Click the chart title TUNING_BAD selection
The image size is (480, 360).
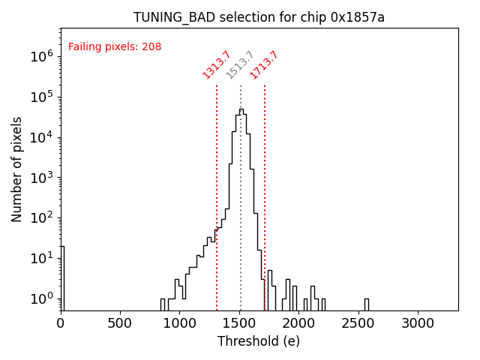(x=259, y=17)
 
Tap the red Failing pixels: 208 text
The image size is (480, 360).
(x=115, y=47)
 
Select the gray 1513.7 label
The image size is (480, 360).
(x=240, y=64)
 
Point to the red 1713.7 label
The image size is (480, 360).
(x=264, y=64)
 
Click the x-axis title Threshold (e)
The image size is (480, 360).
(x=259, y=341)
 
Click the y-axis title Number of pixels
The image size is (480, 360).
(x=16, y=169)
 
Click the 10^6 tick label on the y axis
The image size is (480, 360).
(x=41, y=56)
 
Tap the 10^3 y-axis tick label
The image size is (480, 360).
(x=41, y=178)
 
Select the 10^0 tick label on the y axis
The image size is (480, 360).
(x=41, y=299)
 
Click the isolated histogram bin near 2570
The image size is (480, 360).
(x=366, y=304)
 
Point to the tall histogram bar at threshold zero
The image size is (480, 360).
(x=62, y=277)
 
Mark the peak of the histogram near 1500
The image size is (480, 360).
(x=241, y=109)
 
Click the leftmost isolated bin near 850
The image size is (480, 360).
(x=163, y=304)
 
